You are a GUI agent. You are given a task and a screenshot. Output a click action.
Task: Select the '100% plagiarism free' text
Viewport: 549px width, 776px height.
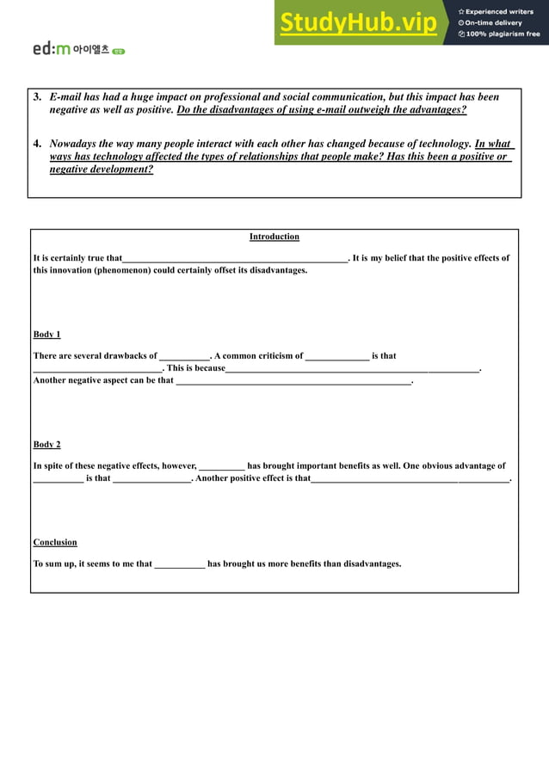click(x=500, y=34)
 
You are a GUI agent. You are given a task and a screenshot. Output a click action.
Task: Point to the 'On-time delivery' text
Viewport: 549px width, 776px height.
click(x=494, y=23)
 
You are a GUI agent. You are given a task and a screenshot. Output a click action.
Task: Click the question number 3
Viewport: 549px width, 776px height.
click(x=37, y=97)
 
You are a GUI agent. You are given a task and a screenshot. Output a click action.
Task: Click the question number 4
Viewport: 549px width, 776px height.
click(x=37, y=145)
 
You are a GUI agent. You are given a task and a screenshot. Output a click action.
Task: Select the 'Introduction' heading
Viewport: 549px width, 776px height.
click(x=274, y=237)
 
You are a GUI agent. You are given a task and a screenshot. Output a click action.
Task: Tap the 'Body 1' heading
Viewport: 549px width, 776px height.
click(x=46, y=334)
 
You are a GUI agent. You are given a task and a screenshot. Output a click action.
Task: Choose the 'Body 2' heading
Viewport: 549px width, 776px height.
click(x=46, y=444)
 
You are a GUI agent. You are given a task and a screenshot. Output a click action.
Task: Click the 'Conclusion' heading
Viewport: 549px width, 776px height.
click(x=55, y=542)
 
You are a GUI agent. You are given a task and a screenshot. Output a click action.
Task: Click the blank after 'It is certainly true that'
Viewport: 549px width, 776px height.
click(x=235, y=259)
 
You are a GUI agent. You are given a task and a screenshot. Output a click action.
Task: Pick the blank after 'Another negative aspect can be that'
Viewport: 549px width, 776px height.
click(x=293, y=381)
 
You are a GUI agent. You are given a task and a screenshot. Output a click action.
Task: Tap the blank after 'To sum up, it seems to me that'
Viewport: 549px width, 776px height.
click(x=180, y=565)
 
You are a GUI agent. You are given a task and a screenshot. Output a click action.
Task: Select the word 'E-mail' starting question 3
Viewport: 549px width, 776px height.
click(x=65, y=97)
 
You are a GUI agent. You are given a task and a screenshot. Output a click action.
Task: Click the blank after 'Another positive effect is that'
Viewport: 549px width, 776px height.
click(x=410, y=479)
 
